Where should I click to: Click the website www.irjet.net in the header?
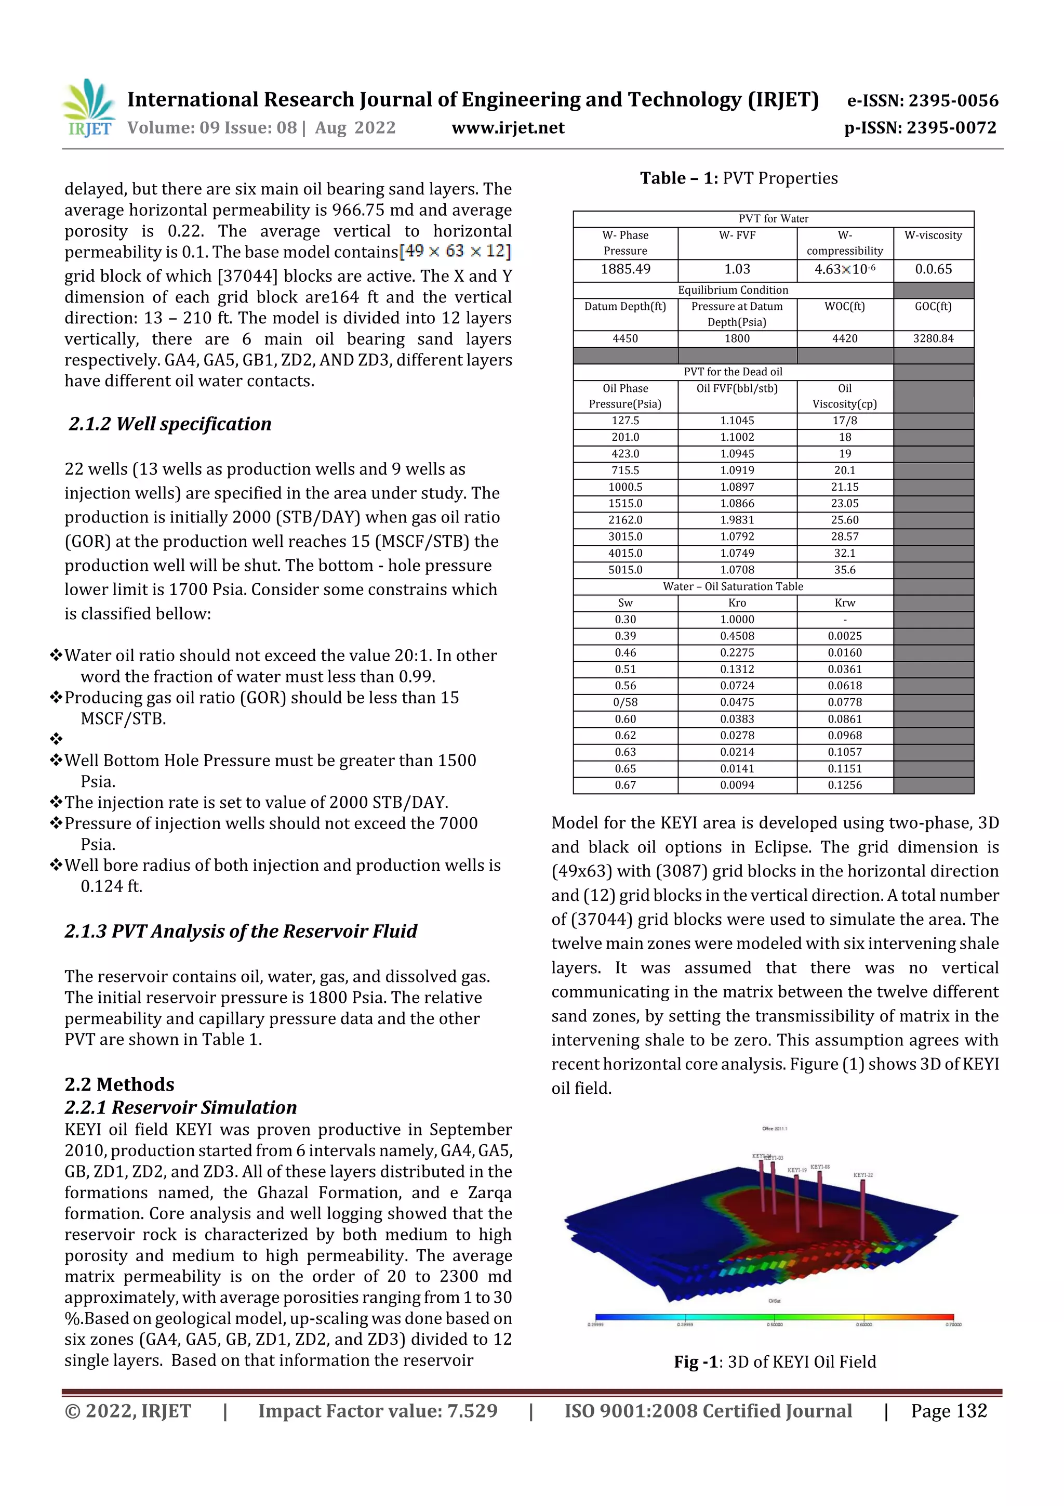[508, 128]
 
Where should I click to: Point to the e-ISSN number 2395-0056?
[923, 100]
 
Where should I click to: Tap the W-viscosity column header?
[933, 235]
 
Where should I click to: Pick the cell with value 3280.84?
[933, 338]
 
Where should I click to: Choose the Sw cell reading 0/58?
[625, 702]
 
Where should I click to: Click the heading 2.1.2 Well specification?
[170, 424]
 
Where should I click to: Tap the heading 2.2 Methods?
[119, 1084]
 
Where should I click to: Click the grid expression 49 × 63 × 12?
[455, 251]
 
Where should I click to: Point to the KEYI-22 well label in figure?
[863, 1175]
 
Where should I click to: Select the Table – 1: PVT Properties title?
[739, 178]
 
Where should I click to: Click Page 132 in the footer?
[948, 1411]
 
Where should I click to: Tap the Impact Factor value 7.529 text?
[378, 1411]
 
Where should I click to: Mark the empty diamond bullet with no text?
[57, 739]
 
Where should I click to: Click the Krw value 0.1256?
[844, 785]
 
